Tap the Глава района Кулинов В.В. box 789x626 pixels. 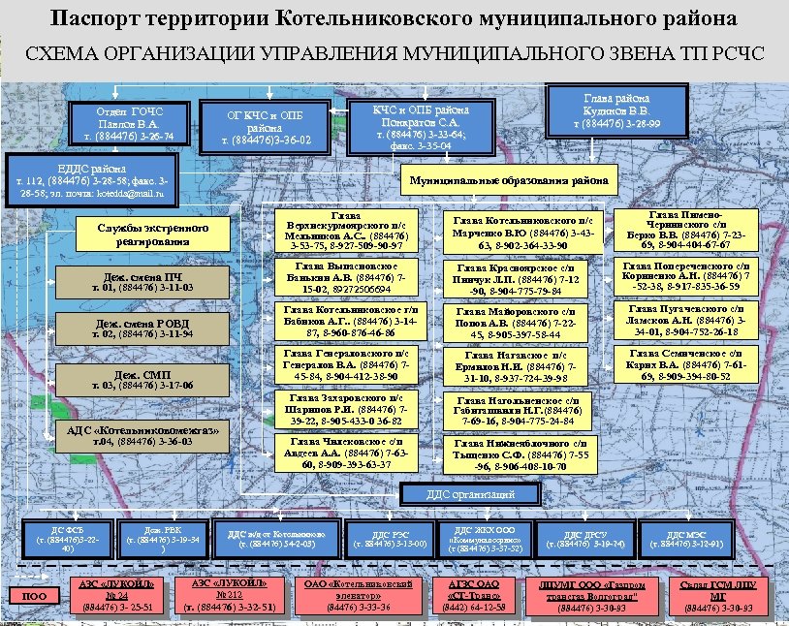[x=617, y=110]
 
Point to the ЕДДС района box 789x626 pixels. [x=102, y=180]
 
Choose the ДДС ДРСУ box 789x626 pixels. [x=585, y=539]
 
